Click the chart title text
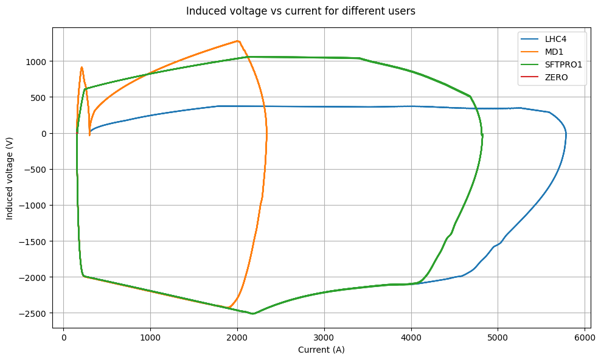click(x=300, y=11)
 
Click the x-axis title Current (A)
click(x=321, y=350)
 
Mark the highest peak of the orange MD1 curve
click(x=237, y=41)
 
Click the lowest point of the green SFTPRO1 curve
click(x=252, y=314)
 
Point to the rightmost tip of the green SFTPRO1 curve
click(x=482, y=136)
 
